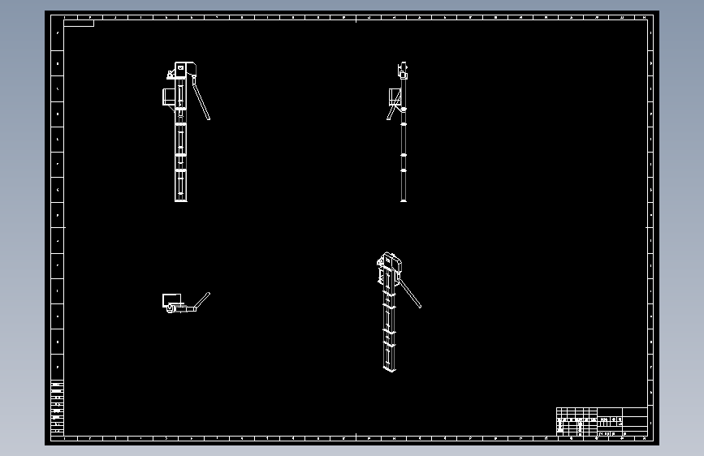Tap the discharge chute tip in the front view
click(x=209, y=118)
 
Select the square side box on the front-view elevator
click(x=170, y=97)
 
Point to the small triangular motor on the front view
click(x=171, y=75)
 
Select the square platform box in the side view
click(x=395, y=97)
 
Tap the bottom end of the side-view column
click(x=404, y=199)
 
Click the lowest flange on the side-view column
click(x=404, y=170)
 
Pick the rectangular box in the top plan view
click(x=171, y=299)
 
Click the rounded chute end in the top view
click(x=208, y=295)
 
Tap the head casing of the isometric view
click(x=390, y=265)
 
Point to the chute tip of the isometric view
click(x=419, y=306)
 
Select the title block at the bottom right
click(x=602, y=422)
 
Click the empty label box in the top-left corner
click(x=79, y=23)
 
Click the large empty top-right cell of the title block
click(x=635, y=411)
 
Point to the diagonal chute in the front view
click(x=201, y=101)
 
